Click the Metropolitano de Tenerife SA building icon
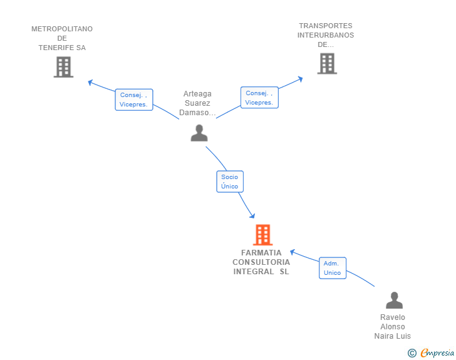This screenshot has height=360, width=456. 63,67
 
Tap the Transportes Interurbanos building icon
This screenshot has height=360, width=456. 326,63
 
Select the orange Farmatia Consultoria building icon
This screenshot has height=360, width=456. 262,235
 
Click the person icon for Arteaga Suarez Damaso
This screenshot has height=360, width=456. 199,133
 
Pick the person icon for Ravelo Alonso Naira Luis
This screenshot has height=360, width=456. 394,301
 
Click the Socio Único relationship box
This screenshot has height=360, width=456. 230,182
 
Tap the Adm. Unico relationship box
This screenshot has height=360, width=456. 332,268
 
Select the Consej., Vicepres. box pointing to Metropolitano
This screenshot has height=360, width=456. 133,100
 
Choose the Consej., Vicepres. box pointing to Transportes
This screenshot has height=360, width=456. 259,98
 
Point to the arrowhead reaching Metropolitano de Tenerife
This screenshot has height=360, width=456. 90,81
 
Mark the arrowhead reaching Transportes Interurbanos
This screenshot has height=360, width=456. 300,79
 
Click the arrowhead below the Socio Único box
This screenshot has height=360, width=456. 252,216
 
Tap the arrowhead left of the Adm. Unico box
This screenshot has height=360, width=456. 293,252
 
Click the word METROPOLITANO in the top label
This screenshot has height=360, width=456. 62,29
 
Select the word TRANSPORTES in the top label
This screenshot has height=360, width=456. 326,26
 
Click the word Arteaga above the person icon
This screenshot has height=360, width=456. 197,94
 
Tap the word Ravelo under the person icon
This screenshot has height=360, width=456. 393,317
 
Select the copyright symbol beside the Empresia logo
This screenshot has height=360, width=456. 412,353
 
